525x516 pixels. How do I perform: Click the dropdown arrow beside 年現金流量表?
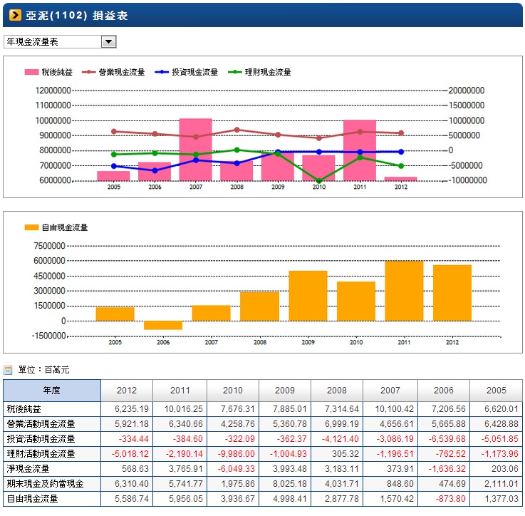[x=109, y=42]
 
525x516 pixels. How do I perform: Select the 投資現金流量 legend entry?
[x=188, y=72]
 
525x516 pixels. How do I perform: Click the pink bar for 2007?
[x=195, y=150]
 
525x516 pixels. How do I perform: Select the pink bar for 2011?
[x=359, y=150]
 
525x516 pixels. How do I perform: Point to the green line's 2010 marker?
[x=318, y=181]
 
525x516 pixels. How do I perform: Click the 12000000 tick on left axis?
[x=52, y=91]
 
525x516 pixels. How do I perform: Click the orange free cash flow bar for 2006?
[x=163, y=325]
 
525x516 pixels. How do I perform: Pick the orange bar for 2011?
[x=404, y=291]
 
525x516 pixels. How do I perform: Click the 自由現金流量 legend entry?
[x=56, y=227]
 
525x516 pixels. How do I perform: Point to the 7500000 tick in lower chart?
[x=49, y=246]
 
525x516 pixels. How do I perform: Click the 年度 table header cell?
[x=52, y=391]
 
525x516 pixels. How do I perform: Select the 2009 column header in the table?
[x=284, y=391]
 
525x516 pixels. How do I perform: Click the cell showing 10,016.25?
[x=183, y=409]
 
